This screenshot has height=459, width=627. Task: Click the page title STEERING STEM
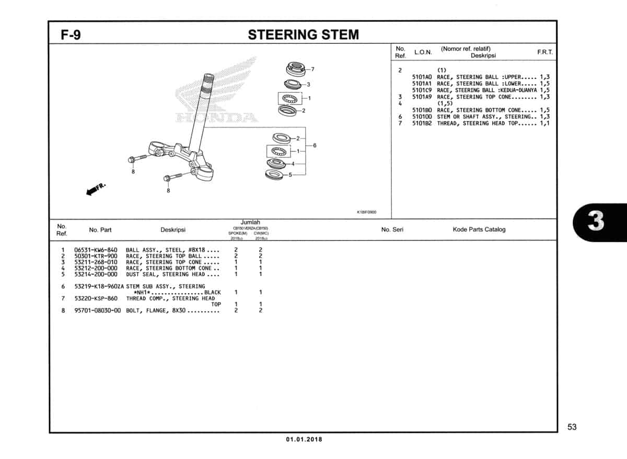pos(303,35)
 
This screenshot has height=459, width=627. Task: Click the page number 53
pos(572,427)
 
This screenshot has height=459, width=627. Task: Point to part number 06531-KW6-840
pos(96,250)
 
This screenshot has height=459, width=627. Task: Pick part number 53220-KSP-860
pos(96,299)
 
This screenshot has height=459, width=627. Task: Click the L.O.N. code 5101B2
pos(422,123)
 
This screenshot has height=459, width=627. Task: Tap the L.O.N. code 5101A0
pos(422,77)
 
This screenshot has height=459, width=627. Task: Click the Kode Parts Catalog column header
pos(479,229)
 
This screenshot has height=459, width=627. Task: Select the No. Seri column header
pos(392,229)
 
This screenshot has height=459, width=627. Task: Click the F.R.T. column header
pos(544,53)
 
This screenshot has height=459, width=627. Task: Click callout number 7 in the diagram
pos(312,69)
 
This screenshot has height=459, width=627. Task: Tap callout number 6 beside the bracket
pos(315,145)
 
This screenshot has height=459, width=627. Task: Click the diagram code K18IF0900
pos(366,212)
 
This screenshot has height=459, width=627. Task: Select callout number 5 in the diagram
pos(291,175)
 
